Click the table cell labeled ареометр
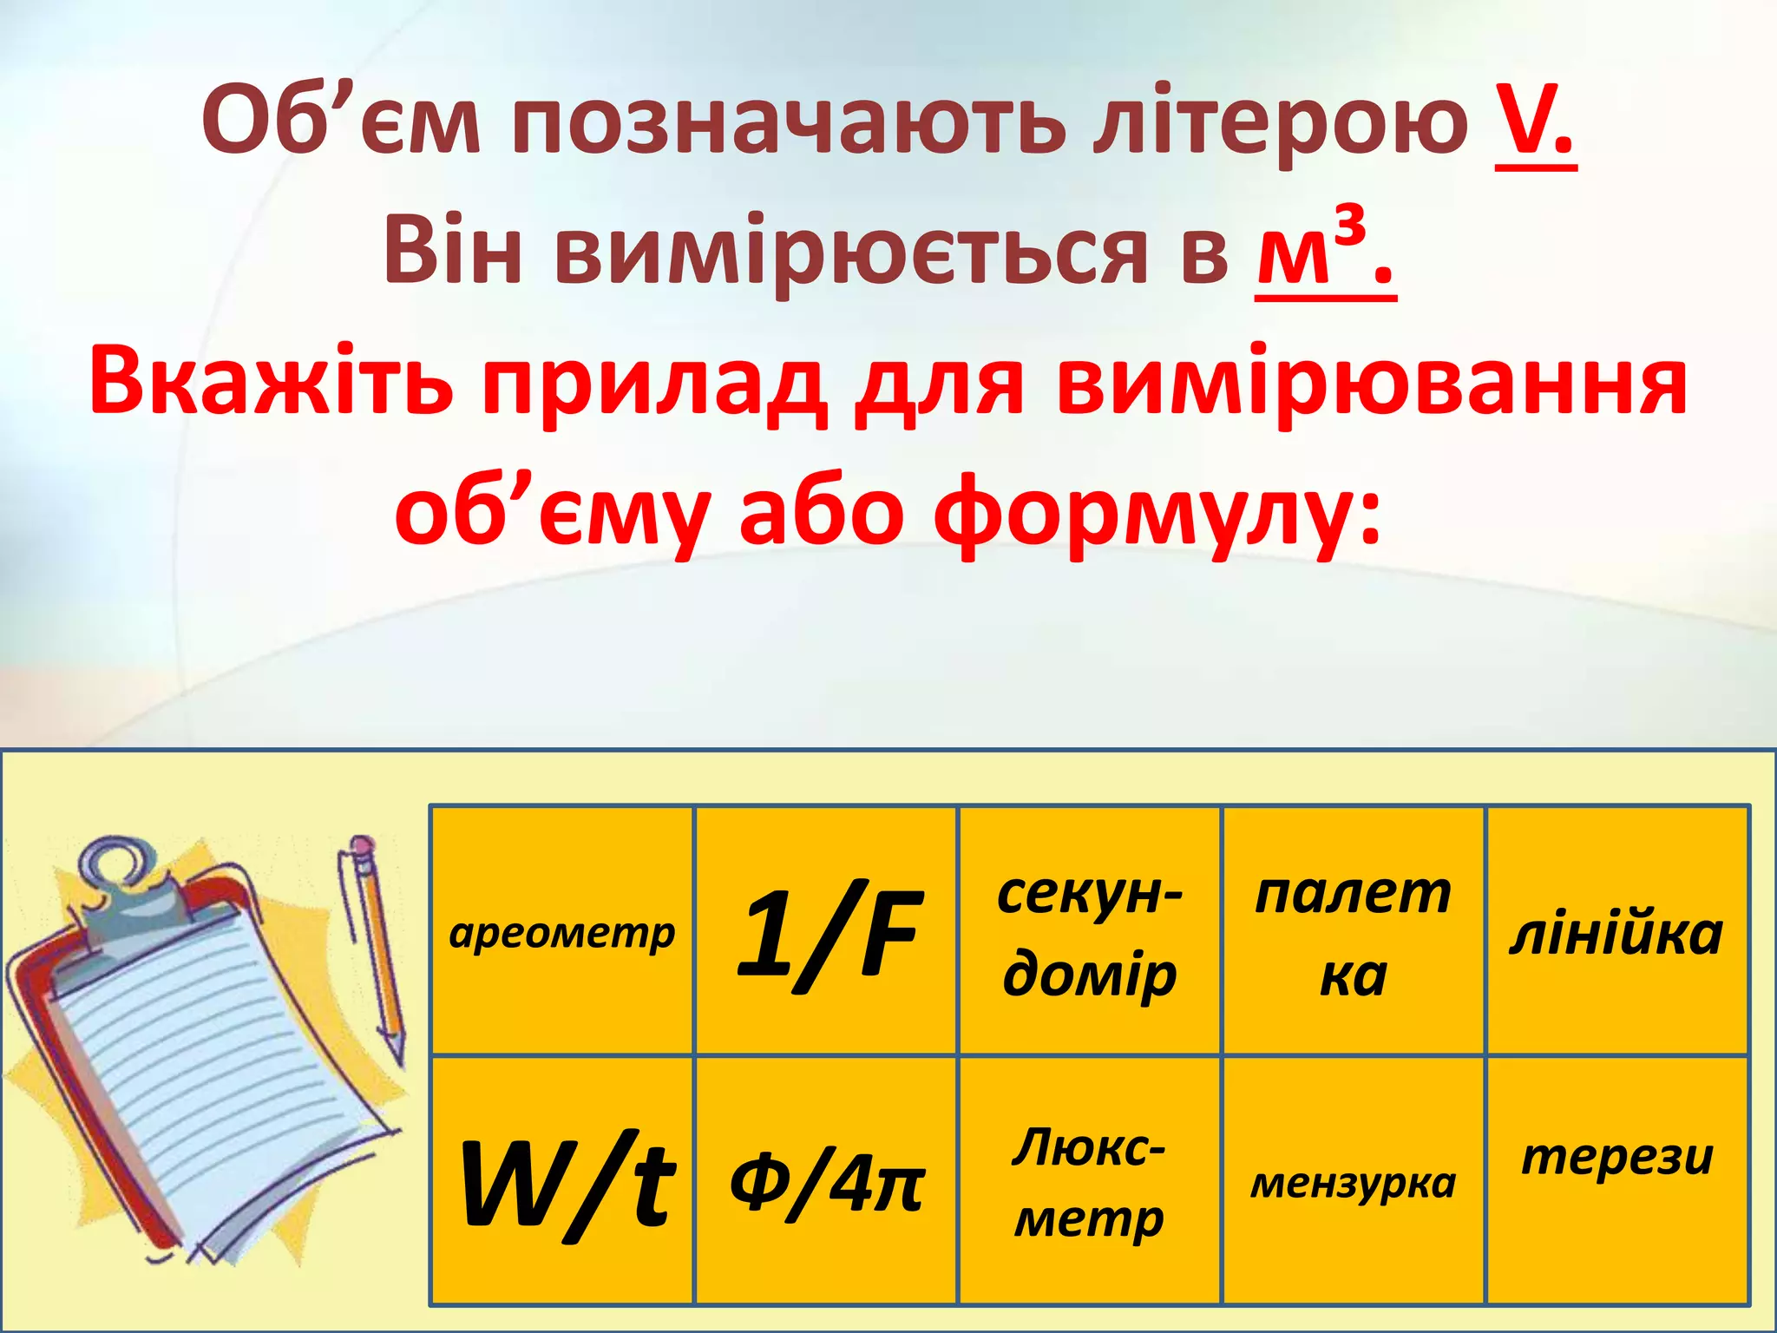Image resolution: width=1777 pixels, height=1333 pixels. (562, 931)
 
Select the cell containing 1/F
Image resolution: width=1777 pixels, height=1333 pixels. (826, 931)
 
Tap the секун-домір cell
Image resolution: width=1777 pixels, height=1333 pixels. (1090, 931)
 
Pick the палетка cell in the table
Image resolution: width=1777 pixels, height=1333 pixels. (1354, 931)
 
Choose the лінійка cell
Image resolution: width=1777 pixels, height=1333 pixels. (1616, 931)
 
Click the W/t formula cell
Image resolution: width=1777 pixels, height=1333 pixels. (562, 1180)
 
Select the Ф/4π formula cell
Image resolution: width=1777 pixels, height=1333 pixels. (826, 1180)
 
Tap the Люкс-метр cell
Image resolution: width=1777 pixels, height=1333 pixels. (1090, 1180)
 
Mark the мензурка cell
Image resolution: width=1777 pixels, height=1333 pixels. (1354, 1180)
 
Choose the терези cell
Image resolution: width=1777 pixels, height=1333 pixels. (1616, 1180)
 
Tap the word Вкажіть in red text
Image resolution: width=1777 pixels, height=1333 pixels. (270, 382)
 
